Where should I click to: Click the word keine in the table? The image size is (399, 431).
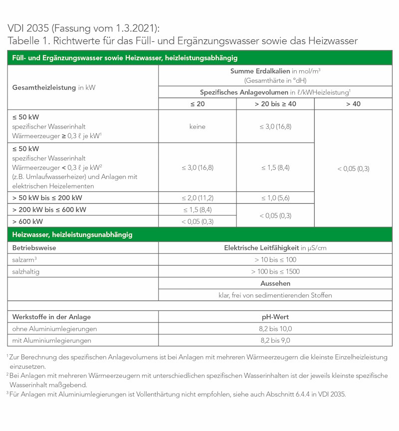tap(197, 127)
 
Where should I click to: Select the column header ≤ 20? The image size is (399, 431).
tap(197, 104)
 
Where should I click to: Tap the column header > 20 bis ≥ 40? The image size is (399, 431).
tap(275, 104)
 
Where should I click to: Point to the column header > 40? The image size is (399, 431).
tap(353, 104)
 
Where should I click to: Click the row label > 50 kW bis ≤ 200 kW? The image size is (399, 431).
tap(47, 198)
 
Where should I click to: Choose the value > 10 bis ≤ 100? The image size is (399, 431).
tap(275, 260)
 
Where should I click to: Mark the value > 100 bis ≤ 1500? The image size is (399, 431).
tap(275, 272)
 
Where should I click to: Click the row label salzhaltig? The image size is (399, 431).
tap(26, 272)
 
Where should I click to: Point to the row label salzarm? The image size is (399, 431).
tap(23, 260)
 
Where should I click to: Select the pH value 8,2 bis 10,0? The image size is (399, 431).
tap(275, 329)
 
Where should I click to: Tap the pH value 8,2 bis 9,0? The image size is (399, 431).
tap(275, 341)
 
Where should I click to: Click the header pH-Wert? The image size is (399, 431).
tap(275, 317)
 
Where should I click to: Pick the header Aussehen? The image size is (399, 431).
tap(275, 283)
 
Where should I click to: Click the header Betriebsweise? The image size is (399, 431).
tap(34, 248)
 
